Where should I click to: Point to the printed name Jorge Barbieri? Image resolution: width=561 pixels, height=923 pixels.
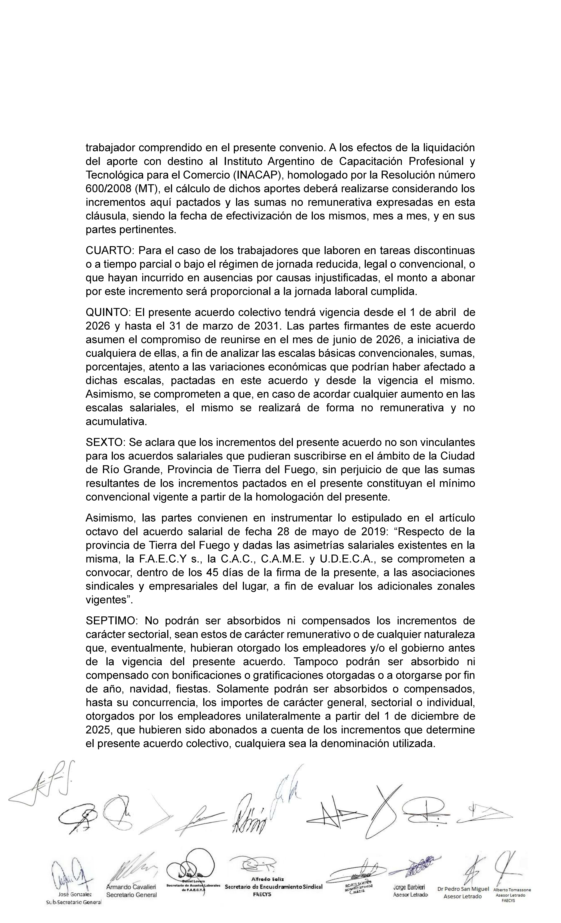[x=409, y=887]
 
